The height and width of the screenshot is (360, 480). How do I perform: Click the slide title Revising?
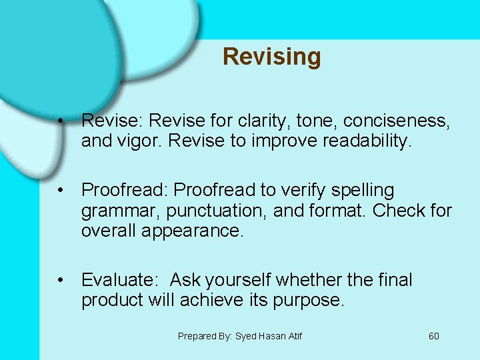(271, 57)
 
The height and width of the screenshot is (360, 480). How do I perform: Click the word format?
(339, 211)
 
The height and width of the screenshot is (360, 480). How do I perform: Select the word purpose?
(309, 301)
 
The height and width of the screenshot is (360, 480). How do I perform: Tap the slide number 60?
(434, 336)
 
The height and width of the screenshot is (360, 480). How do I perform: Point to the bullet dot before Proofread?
(61, 191)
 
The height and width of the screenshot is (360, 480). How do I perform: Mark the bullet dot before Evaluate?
(61, 281)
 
